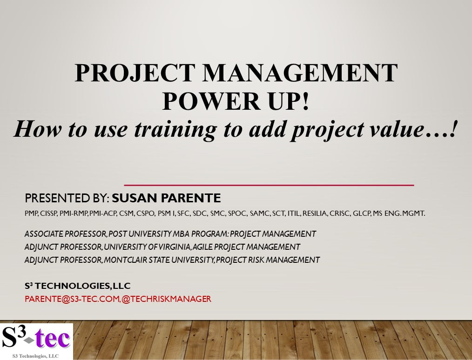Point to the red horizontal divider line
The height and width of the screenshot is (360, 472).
[x=269, y=185]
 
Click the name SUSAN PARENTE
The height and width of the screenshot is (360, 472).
[x=166, y=199]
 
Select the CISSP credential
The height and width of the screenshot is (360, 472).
[x=48, y=214]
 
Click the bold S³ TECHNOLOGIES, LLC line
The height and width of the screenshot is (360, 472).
[x=78, y=286]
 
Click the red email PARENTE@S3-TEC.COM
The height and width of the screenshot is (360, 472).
[x=72, y=299]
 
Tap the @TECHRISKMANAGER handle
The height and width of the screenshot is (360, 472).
[x=167, y=299]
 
